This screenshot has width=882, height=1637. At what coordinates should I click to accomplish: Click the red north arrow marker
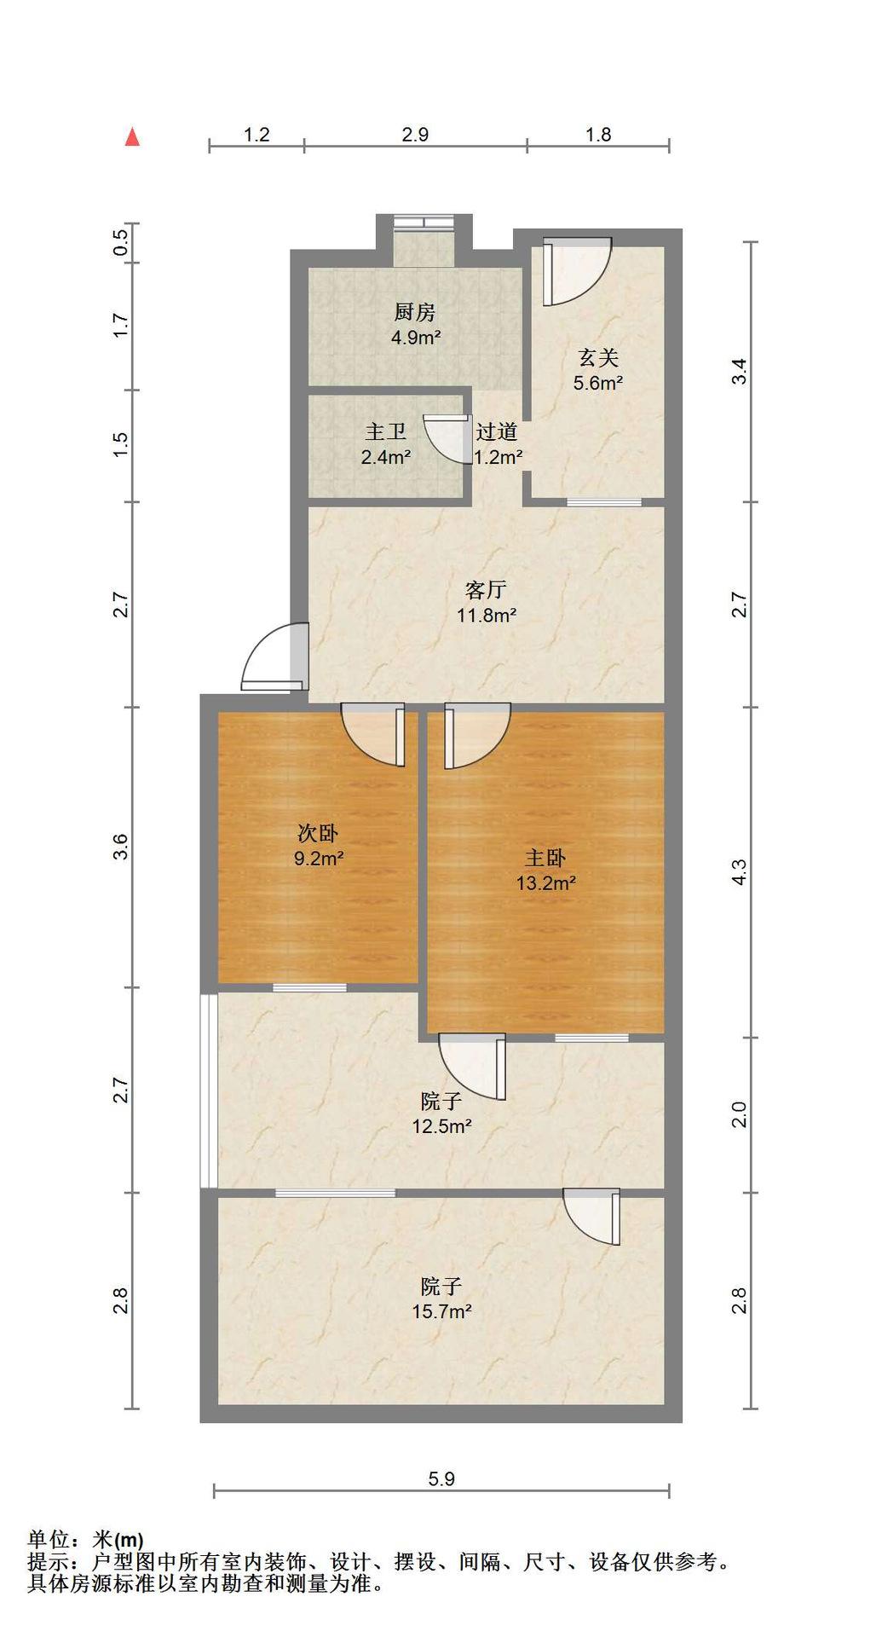132,137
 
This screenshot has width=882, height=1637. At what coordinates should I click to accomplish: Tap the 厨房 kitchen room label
415,312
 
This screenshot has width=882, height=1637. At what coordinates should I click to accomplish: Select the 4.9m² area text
416,338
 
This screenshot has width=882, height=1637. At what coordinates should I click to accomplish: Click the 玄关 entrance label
598,358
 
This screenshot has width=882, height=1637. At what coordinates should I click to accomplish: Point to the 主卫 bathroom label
386,432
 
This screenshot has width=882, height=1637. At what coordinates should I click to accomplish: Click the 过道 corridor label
496,432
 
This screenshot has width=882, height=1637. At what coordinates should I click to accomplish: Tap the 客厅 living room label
487,590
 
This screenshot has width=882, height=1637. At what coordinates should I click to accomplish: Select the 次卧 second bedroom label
319,833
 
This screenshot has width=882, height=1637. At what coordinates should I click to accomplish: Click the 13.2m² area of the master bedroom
545,883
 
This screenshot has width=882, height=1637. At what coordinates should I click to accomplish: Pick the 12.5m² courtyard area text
442,1126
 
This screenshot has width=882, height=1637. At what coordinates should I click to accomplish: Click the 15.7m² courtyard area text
442,1311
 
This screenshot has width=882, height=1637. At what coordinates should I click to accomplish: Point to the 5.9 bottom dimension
441,1478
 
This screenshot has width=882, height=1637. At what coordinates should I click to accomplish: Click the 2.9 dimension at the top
415,135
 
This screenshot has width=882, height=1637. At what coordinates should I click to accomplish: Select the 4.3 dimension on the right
739,872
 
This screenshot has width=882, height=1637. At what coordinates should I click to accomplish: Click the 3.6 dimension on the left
121,847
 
